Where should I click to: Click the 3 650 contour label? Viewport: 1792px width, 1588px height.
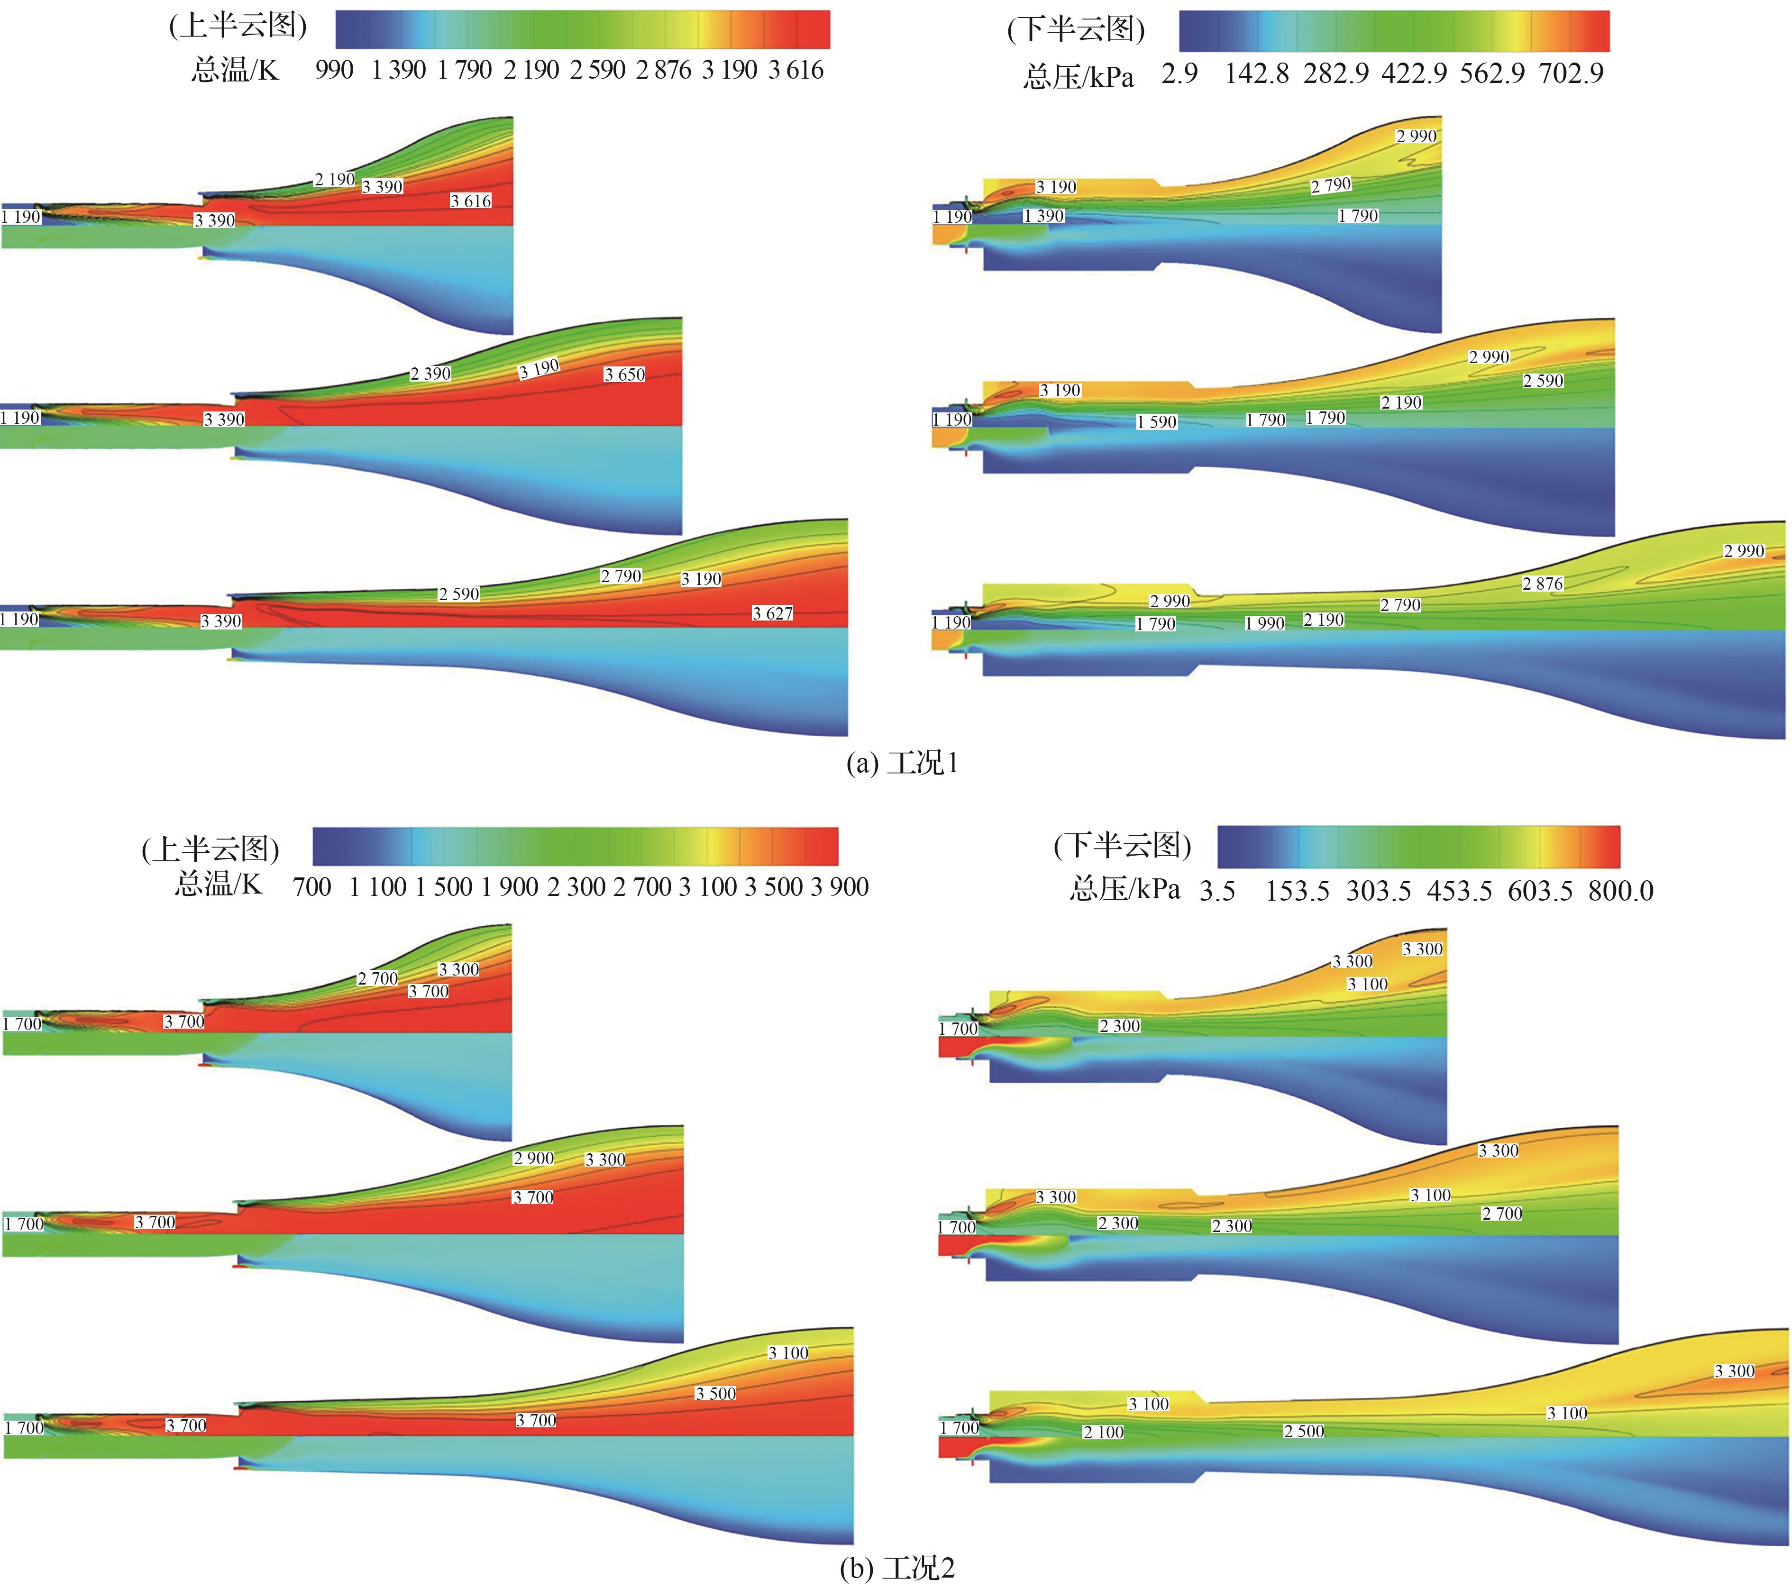tap(624, 374)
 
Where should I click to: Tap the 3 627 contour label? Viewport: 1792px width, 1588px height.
tap(772, 613)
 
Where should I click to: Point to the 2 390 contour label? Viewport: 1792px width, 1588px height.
tap(430, 374)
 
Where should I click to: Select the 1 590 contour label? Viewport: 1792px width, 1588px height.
tap(1156, 422)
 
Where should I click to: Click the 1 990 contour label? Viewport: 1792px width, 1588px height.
tap(1264, 623)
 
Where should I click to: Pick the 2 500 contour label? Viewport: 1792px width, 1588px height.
tap(1304, 1431)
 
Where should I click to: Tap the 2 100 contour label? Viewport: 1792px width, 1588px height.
tap(1103, 1432)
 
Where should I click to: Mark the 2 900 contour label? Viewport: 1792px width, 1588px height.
tap(533, 1159)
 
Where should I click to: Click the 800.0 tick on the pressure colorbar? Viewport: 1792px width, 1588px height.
tap(1620, 891)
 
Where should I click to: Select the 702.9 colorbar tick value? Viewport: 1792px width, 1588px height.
tap(1571, 73)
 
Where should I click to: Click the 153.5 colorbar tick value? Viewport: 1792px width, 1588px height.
tap(1297, 891)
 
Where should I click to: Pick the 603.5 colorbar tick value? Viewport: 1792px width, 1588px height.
tap(1539, 891)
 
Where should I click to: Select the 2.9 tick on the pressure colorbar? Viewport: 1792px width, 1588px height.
tap(1179, 73)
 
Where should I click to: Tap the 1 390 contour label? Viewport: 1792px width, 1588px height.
tap(1043, 216)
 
